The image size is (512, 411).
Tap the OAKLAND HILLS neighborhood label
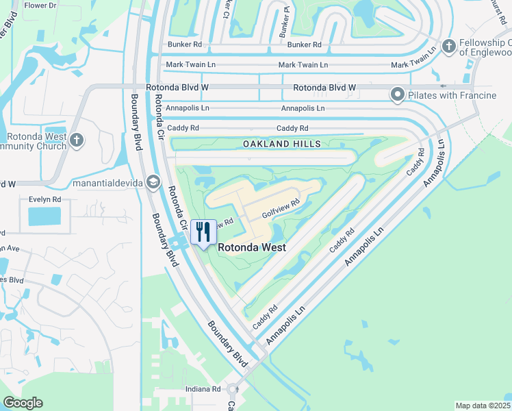281,144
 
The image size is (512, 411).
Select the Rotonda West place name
252,248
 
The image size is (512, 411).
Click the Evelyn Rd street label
45,199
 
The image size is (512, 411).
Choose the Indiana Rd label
203,389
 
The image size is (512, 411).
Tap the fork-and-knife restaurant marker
203,232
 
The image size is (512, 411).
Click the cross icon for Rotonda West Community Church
77,140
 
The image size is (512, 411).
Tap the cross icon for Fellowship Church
449,46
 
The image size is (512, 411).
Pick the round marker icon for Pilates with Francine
397,95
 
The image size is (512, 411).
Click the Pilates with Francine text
452,95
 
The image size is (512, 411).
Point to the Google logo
23,403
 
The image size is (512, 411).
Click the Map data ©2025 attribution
483,406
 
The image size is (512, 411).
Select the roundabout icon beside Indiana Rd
233,389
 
